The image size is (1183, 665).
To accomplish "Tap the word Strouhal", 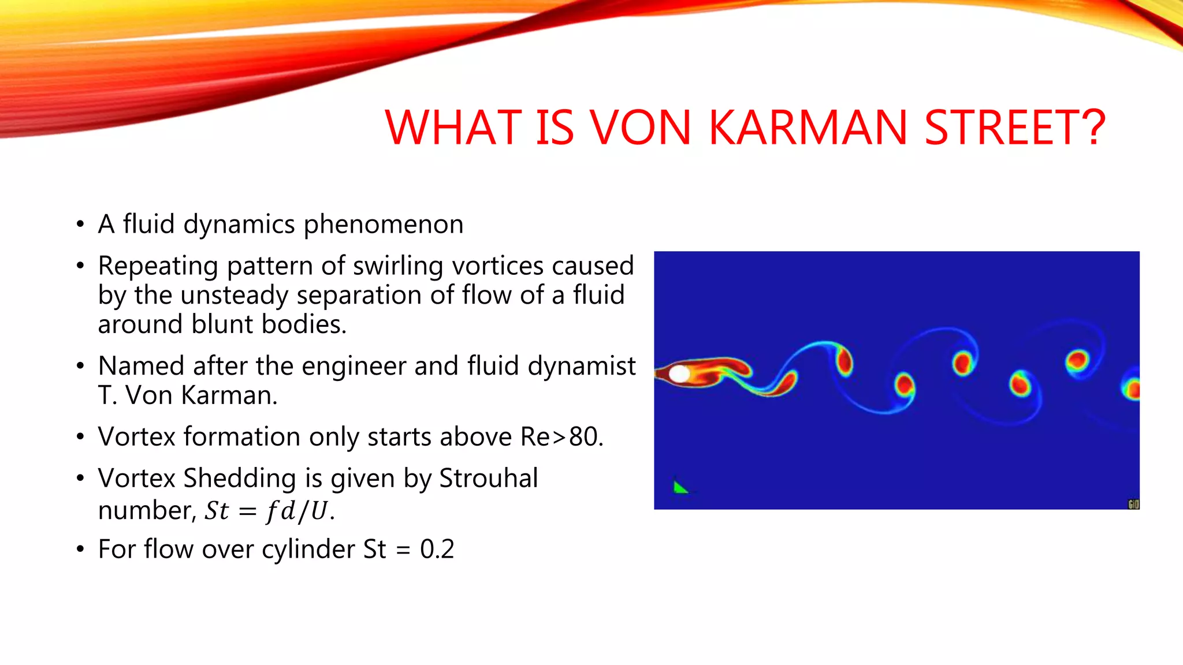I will [488, 479].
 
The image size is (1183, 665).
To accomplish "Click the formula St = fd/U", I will [269, 511].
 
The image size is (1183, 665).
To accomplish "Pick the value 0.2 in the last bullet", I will [437, 549].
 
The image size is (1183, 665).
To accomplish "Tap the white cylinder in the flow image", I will [679, 374].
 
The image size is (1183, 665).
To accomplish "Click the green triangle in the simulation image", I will [680, 488].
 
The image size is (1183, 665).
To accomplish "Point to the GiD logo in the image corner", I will [1133, 505].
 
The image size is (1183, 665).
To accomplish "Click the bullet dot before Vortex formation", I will [80, 437].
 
